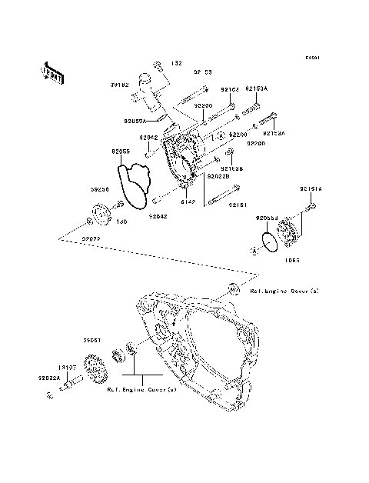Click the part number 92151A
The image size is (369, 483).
[311, 188]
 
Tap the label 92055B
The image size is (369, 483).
[267, 218]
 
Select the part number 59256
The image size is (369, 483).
[101, 188]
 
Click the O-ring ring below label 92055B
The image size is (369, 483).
[270, 242]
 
